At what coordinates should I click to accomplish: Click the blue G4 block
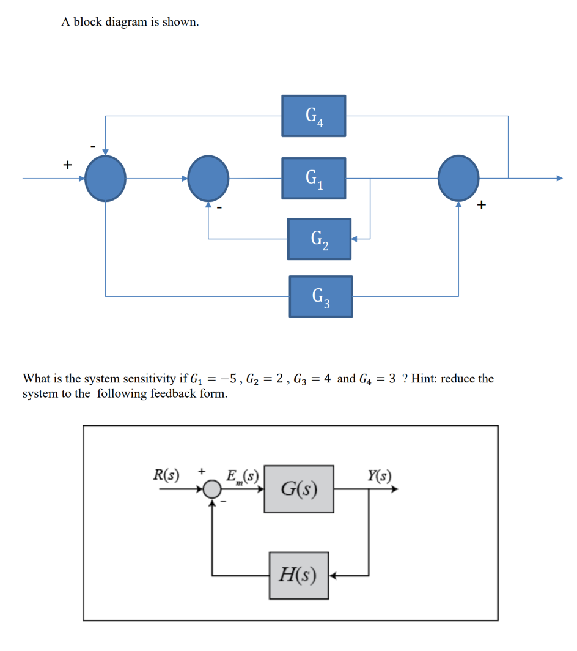[x=314, y=116]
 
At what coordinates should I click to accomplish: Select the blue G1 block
[x=314, y=178]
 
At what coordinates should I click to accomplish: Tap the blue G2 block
[x=319, y=239]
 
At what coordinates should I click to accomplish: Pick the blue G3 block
[x=320, y=297]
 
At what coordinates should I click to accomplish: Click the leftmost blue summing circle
[x=105, y=178]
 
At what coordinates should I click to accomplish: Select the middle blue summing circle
[x=208, y=178]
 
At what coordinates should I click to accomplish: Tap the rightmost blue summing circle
[x=458, y=178]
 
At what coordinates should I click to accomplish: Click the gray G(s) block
[x=299, y=489]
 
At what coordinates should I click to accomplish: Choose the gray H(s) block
[x=299, y=575]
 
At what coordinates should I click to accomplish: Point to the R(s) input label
[x=166, y=475]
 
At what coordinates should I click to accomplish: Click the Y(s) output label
[x=380, y=475]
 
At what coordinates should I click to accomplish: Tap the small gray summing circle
[x=212, y=489]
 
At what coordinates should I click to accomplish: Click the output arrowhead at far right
[x=558, y=178]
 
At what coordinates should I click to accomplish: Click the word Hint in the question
[x=424, y=378]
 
